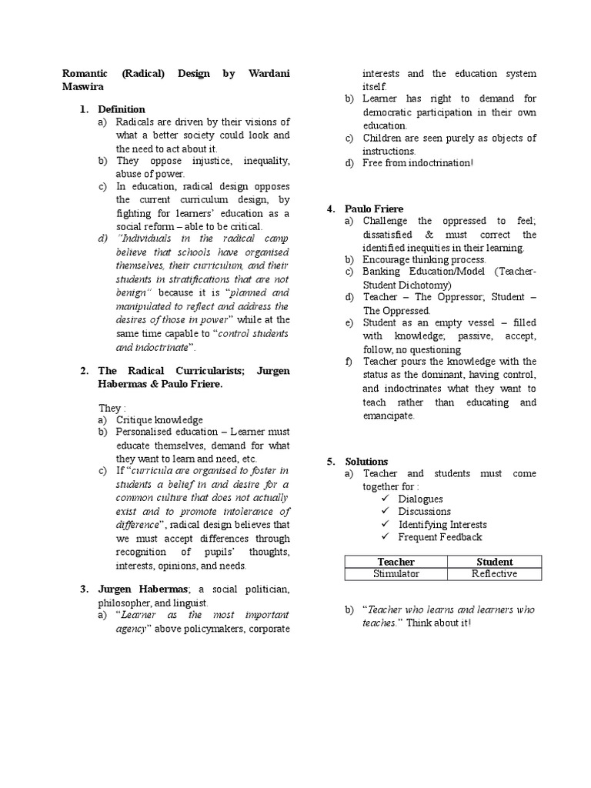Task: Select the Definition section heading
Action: pos(121,109)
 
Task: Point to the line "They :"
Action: pos(110,407)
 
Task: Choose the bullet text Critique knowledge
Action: pos(159,420)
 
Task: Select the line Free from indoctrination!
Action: pos(419,163)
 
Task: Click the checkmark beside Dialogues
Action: pos(386,499)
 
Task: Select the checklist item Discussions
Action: pos(424,511)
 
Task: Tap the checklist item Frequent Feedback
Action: pos(439,537)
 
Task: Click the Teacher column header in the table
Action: pos(396,562)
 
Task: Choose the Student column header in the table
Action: pos(494,562)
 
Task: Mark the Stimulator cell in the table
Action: pos(396,574)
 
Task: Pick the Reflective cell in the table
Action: pos(494,574)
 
